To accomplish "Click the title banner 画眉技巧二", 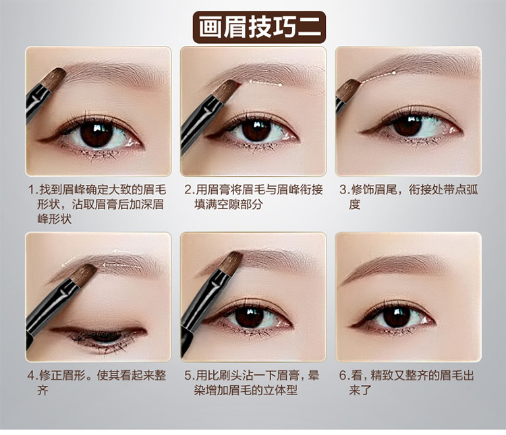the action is tap(259, 28).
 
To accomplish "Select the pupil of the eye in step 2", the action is tap(256, 130).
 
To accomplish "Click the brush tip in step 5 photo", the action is tap(231, 263).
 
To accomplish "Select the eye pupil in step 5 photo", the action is tap(249, 317).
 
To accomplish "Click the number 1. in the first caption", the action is tap(32, 190).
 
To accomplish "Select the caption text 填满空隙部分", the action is tap(228, 204).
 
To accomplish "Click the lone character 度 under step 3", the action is tap(354, 204).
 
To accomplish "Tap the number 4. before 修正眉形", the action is tap(32, 376).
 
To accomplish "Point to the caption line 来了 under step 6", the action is tap(360, 390).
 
